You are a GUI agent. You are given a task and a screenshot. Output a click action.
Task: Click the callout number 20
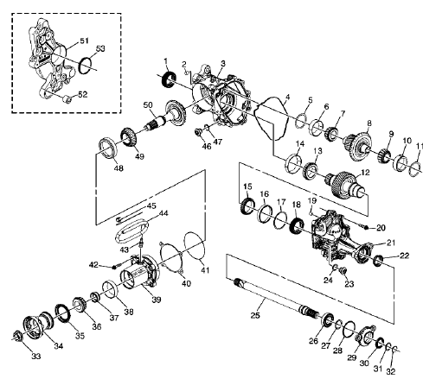380,227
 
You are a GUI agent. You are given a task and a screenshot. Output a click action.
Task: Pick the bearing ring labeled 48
112,148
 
